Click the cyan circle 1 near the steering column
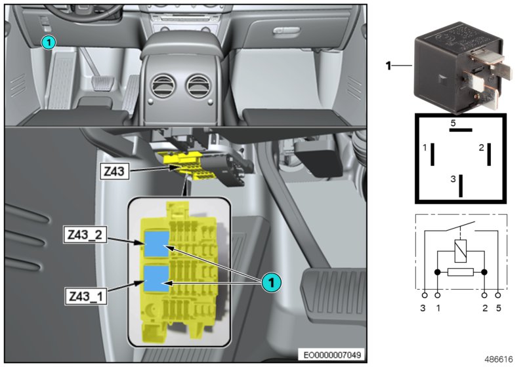coord(48,43)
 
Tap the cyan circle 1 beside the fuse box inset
coord(270,282)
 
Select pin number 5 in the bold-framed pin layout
coord(453,123)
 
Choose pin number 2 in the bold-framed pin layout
coord(481,147)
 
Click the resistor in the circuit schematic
coord(461,271)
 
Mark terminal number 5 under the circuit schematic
coord(499,307)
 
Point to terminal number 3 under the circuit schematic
coord(424,307)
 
